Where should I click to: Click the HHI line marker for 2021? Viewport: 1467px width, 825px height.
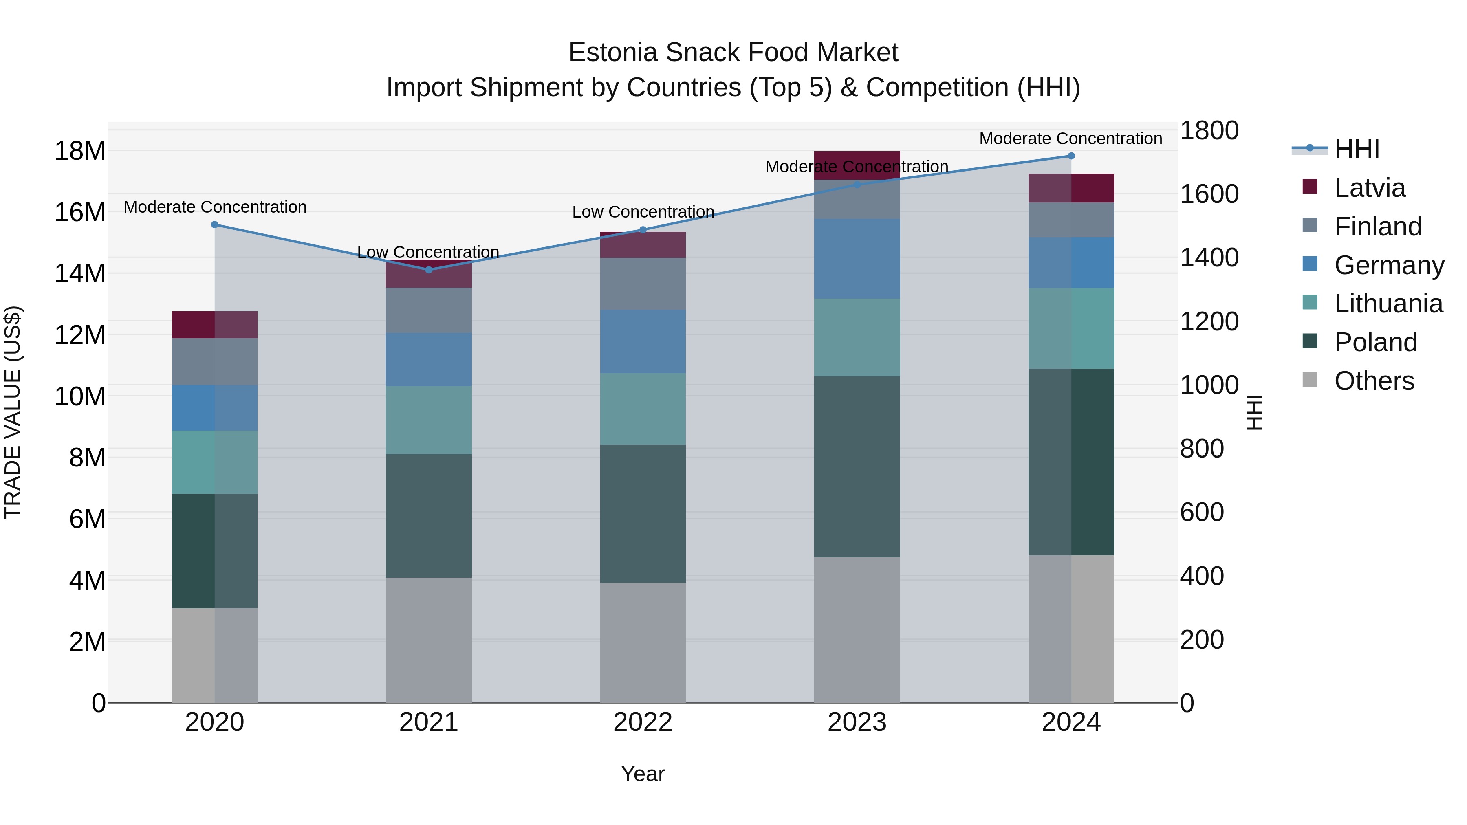(429, 270)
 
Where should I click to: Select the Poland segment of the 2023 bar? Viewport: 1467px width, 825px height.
(857, 466)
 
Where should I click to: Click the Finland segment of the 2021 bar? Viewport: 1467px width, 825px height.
(429, 310)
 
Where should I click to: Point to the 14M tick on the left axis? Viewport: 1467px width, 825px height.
(80, 273)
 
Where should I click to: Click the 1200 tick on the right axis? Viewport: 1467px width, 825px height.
(1209, 322)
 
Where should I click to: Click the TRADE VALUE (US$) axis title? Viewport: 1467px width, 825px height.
(13, 412)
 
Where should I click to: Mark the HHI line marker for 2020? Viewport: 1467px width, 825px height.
(215, 225)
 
